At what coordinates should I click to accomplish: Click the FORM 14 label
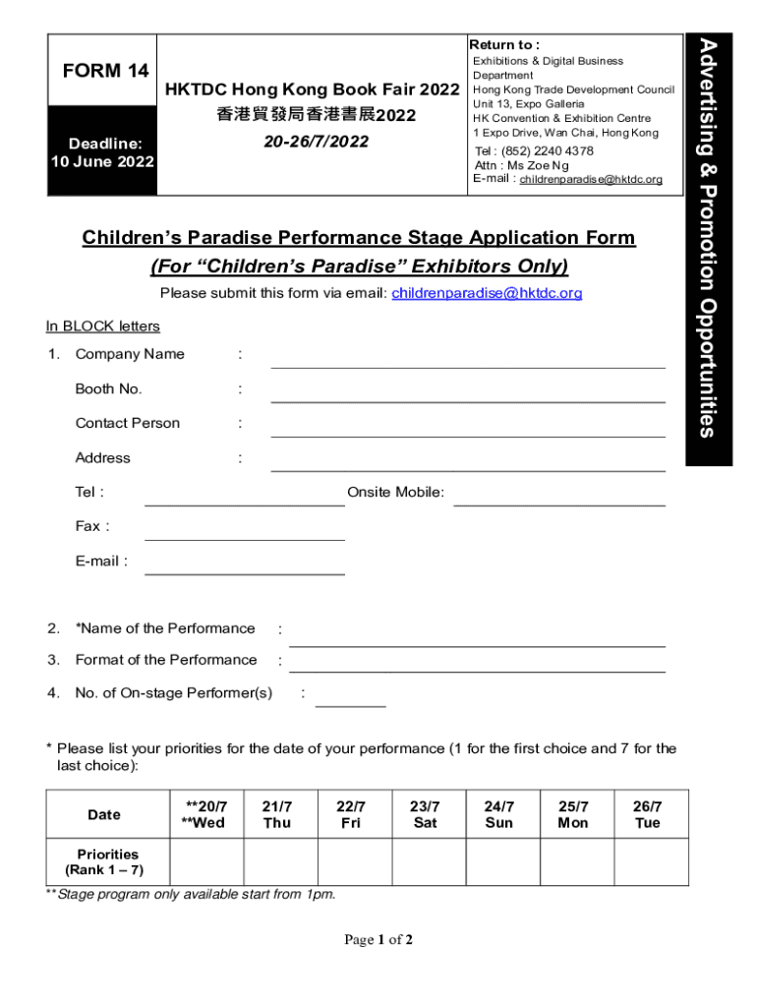105,71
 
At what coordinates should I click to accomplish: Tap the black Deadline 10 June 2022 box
102,152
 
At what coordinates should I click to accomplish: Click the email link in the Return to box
591,180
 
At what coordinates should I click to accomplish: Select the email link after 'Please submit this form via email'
487,293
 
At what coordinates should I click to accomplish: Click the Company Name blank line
468,362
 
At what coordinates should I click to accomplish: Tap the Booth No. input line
468,396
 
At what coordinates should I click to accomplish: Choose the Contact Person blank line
468,431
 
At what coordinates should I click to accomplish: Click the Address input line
468,465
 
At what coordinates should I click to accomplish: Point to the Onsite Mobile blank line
558,500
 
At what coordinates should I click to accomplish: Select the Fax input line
245,534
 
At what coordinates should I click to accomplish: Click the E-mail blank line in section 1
245,567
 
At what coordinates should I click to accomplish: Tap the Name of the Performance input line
477,640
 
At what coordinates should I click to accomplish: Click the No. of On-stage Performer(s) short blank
350,700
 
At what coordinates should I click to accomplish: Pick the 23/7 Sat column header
425,814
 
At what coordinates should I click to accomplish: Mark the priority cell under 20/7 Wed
206,861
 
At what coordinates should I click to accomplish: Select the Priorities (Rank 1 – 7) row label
109,862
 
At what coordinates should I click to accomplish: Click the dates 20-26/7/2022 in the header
316,142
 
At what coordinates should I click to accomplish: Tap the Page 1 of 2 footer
378,940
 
